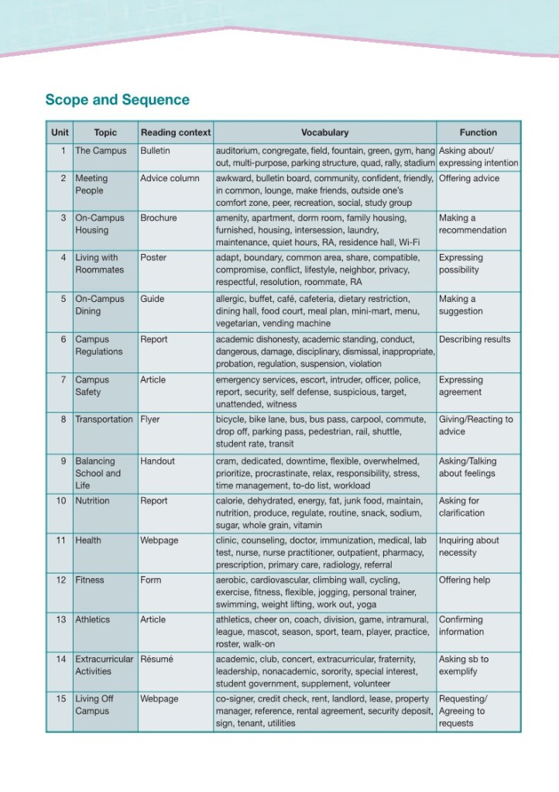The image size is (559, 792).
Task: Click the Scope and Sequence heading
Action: [117, 100]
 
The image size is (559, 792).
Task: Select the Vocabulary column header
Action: [324, 132]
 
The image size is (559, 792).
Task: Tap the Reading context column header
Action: [175, 132]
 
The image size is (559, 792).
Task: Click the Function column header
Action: [478, 132]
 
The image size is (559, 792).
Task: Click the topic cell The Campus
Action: [101, 150]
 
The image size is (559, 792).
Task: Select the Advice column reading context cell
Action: [170, 178]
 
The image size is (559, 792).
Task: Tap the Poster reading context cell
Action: [153, 258]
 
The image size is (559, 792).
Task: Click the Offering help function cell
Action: [465, 580]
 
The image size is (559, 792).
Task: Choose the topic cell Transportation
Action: [104, 420]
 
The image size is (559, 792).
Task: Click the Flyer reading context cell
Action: [151, 420]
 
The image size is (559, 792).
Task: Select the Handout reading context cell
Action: [157, 461]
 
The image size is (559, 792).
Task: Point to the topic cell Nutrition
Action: [92, 501]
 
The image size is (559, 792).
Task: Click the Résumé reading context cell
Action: [156, 659]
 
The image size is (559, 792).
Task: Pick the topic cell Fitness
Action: [89, 580]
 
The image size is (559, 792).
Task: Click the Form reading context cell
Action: [150, 580]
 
